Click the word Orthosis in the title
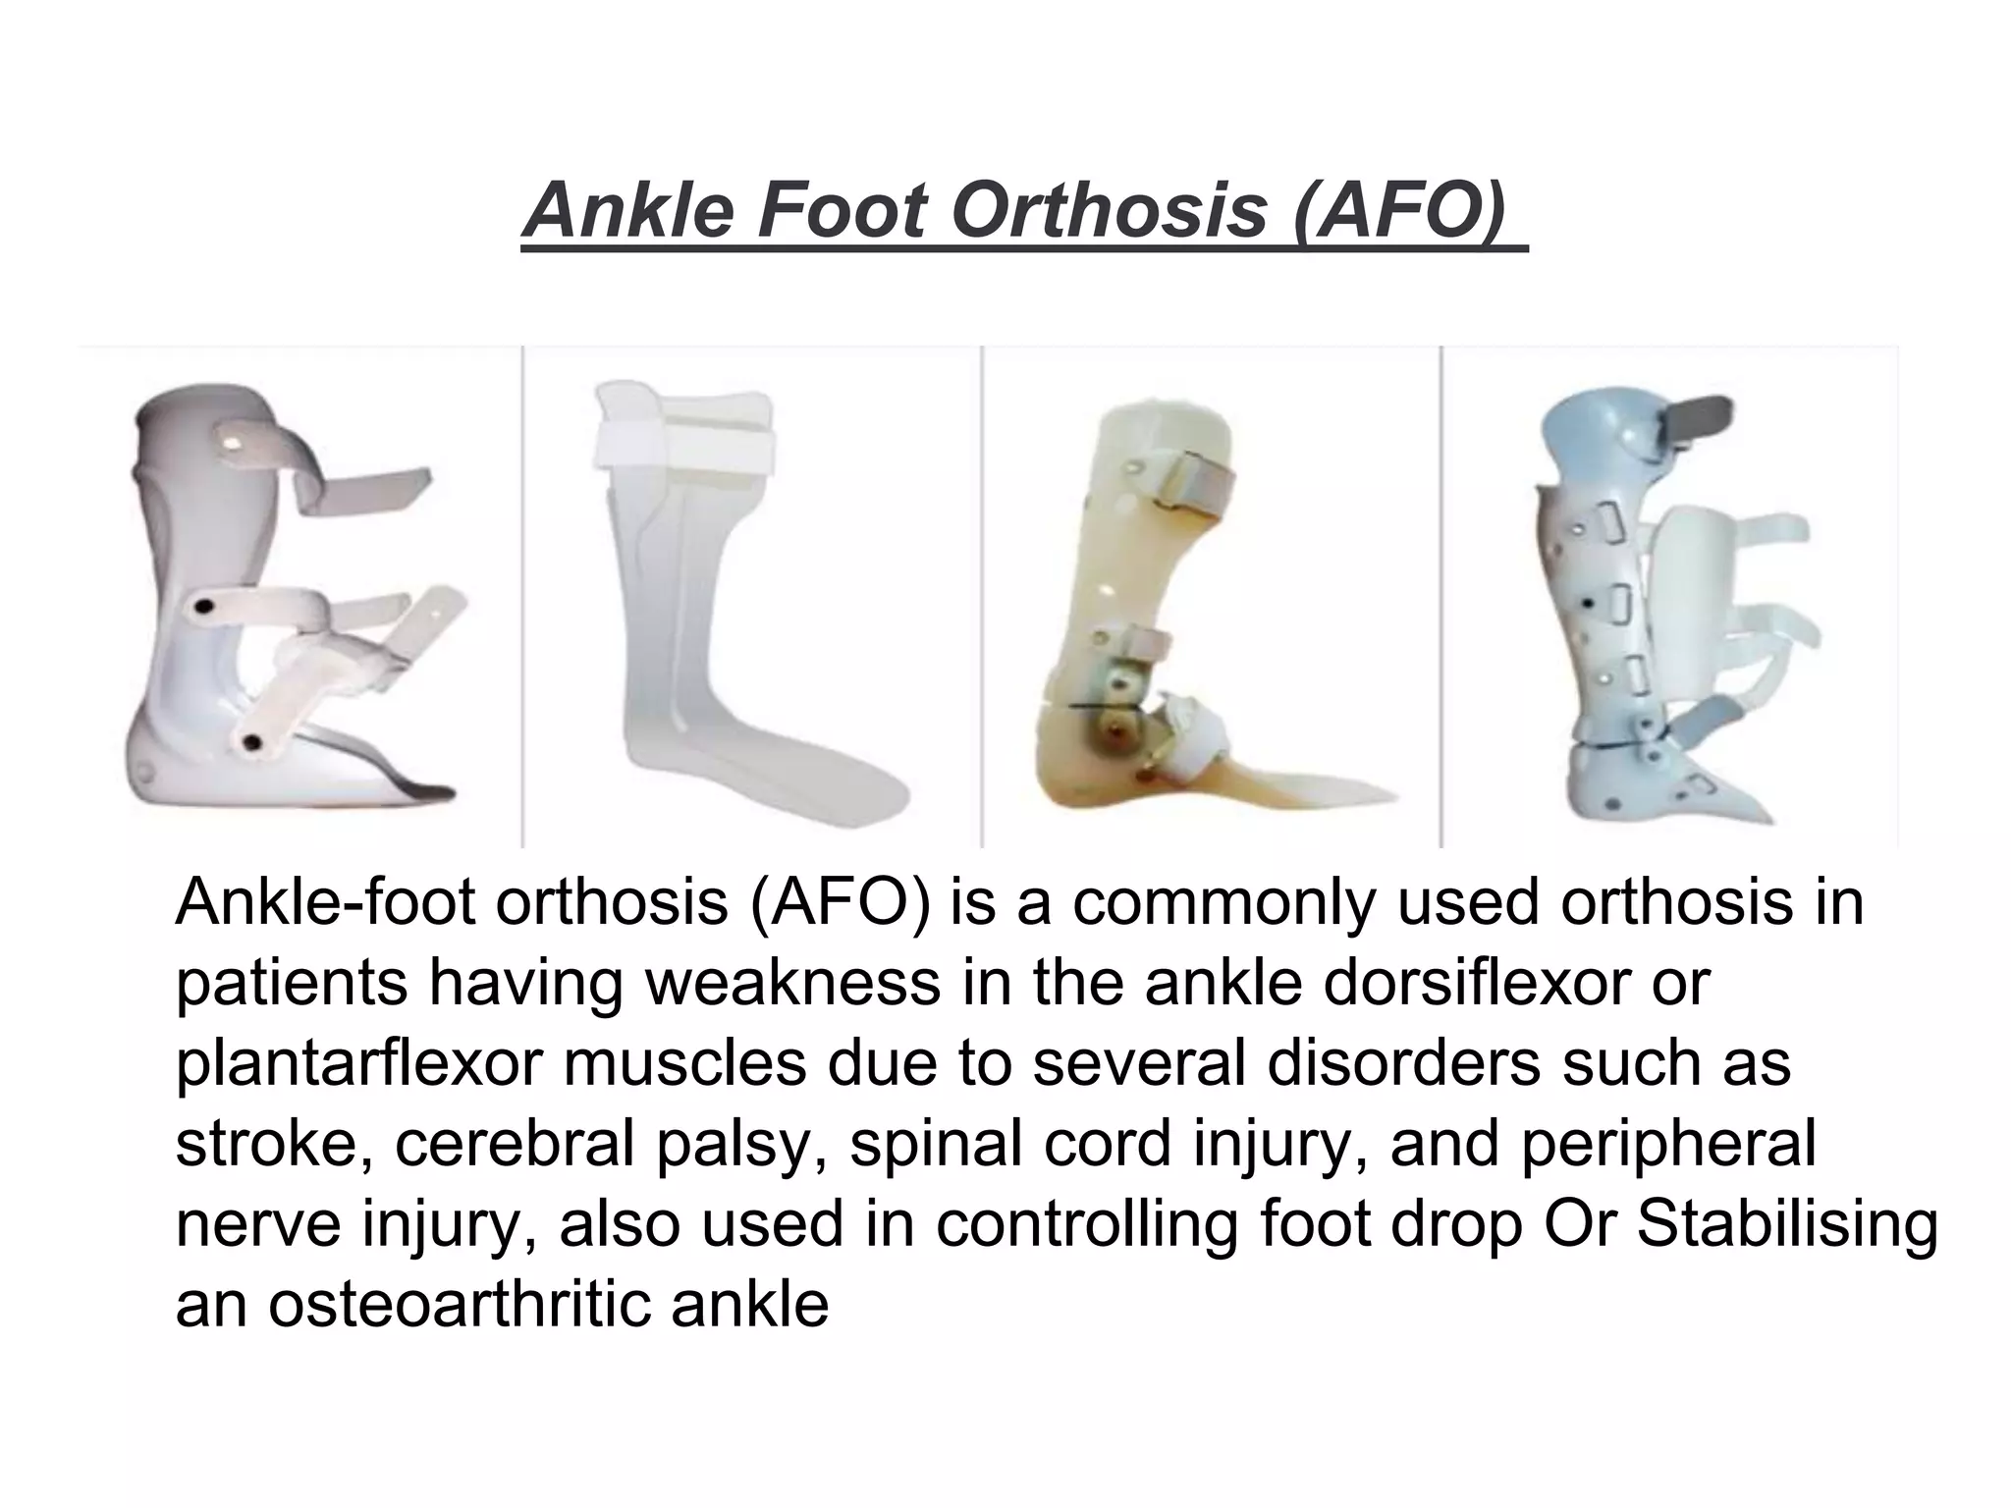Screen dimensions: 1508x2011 tap(1110, 210)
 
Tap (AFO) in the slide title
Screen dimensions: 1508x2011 tap(1399, 210)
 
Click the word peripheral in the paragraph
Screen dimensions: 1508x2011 tap(1668, 1144)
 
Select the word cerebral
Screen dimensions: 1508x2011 tap(515, 1144)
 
